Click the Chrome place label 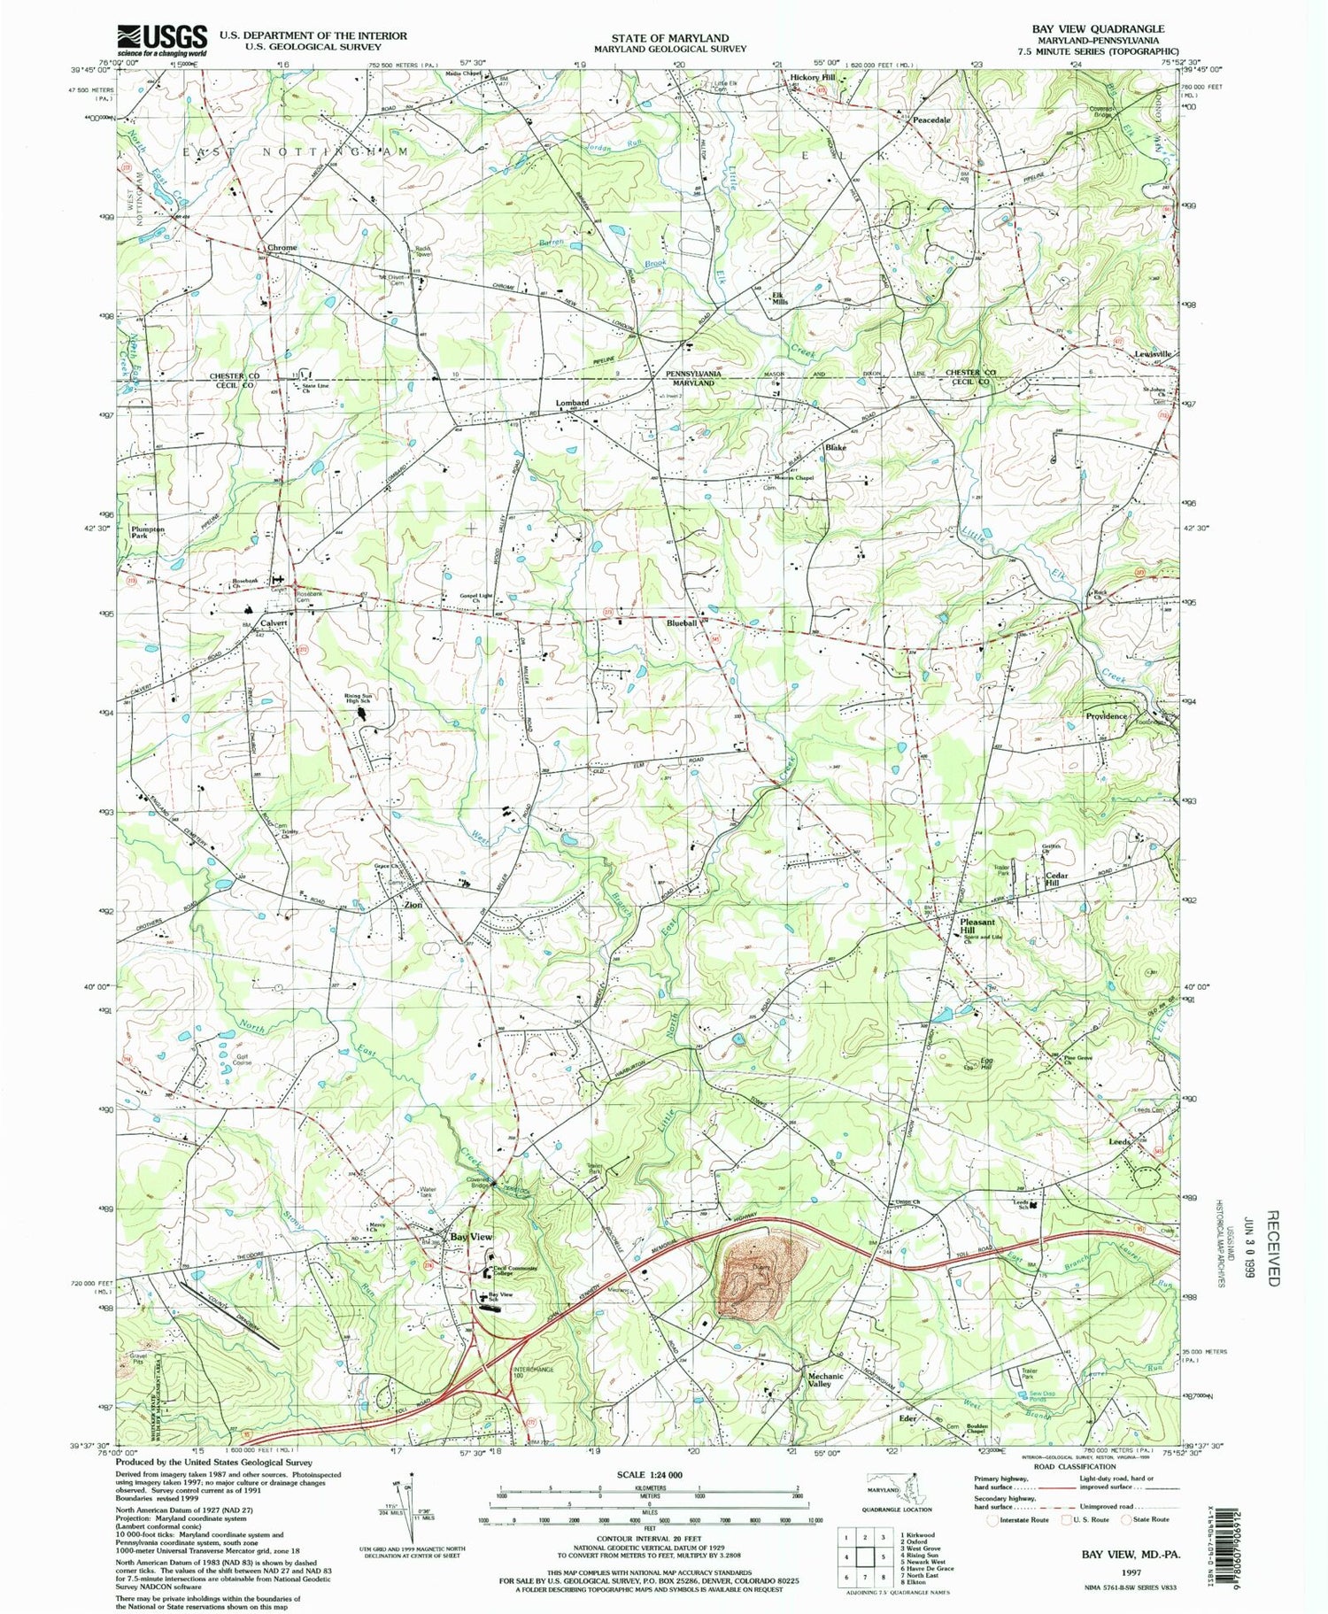click(276, 247)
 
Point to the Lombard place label click(572, 403)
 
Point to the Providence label click(1106, 716)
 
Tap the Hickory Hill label click(812, 78)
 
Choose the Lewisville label click(1153, 353)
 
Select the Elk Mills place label click(779, 298)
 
